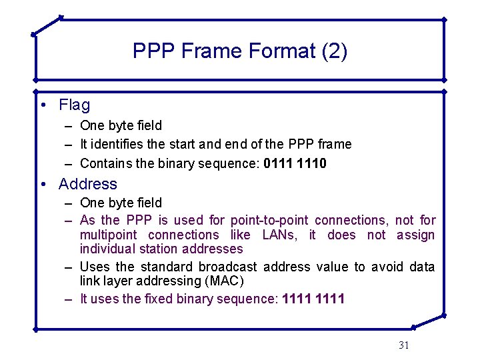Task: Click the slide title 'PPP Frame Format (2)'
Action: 239,51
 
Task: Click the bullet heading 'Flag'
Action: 74,105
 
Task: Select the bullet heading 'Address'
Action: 87,184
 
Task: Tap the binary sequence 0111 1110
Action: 295,163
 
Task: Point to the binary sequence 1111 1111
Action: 313,299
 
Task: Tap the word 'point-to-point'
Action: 269,220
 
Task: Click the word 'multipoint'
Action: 107,235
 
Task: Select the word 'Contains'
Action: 102,163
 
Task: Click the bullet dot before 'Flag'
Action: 42,105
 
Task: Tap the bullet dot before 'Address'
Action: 42,185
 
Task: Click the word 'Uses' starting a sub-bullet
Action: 93,267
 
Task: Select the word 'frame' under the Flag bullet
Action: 336,144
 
